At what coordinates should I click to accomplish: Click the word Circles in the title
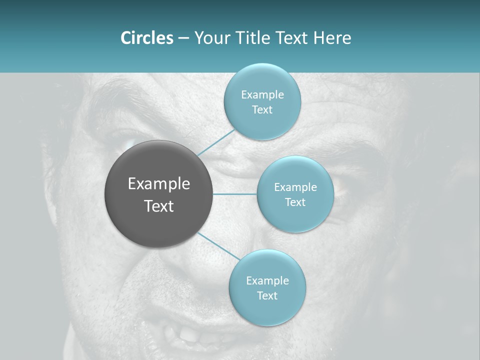pyautogui.click(x=147, y=38)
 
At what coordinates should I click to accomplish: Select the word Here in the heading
pyautogui.click(x=332, y=38)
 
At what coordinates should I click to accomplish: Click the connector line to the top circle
pyautogui.click(x=215, y=142)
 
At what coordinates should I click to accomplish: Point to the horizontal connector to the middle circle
pyautogui.click(x=235, y=194)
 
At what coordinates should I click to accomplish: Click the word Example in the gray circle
pyautogui.click(x=158, y=184)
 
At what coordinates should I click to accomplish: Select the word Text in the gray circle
pyautogui.click(x=158, y=206)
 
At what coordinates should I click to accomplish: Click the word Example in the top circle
pyautogui.click(x=262, y=95)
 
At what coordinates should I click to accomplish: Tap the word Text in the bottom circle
pyautogui.click(x=267, y=296)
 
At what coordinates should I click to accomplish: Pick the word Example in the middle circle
pyautogui.click(x=295, y=187)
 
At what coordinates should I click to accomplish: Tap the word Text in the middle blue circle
pyautogui.click(x=295, y=202)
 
